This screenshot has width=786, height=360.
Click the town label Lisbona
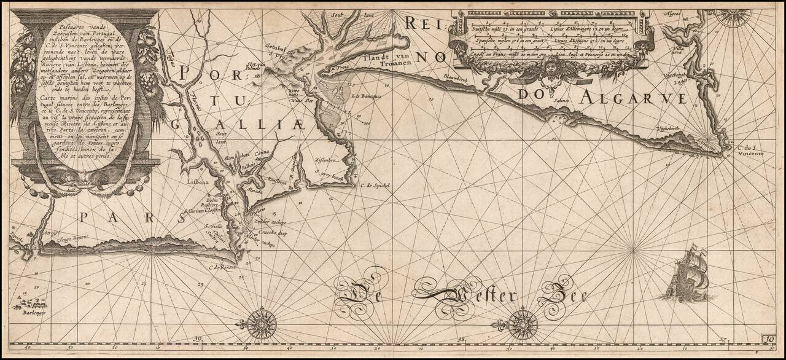199,182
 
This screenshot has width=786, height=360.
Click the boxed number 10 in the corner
769,338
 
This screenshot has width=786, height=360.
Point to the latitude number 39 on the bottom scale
198,338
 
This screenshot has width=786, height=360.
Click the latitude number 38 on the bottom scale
461,338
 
